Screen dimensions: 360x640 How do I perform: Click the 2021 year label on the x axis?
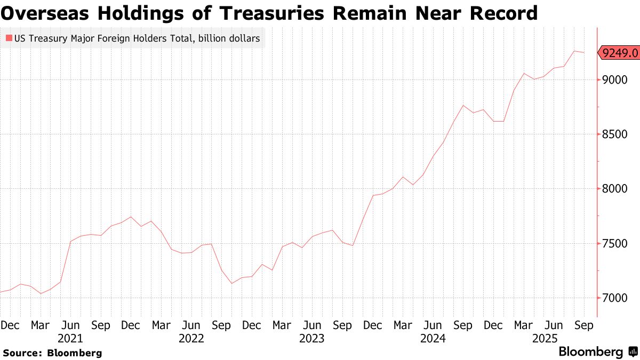coord(70,338)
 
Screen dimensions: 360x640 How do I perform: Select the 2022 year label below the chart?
coord(191,338)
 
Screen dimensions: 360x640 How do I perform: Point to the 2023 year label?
coord(313,338)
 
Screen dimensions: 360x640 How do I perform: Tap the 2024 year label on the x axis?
coord(434,338)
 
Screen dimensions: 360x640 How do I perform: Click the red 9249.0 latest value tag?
coord(619,53)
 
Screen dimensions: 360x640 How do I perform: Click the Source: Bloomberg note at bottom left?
coord(52,353)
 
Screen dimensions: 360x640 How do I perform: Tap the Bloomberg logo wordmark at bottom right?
coord(590,352)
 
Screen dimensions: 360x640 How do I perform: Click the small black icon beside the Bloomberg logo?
coord(633,352)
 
